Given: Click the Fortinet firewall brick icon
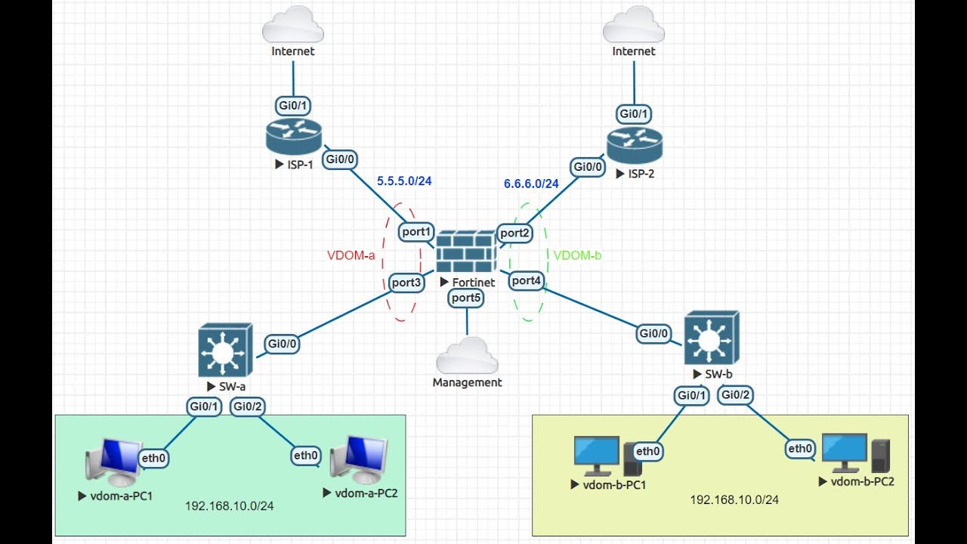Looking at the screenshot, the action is pyautogui.click(x=466, y=252).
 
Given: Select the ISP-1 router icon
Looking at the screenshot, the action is pyautogui.click(x=294, y=137).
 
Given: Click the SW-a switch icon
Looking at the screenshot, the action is pyautogui.click(x=225, y=350).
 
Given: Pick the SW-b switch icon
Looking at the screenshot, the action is pyautogui.click(x=712, y=338).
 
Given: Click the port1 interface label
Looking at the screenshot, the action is pyautogui.click(x=416, y=232).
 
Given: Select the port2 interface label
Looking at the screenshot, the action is pyautogui.click(x=514, y=233).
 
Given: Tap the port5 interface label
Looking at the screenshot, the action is pyautogui.click(x=466, y=298).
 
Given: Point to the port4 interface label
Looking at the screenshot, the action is pyautogui.click(x=527, y=281).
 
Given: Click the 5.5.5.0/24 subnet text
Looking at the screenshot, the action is pyautogui.click(x=404, y=181).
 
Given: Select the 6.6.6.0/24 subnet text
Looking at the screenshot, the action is pyautogui.click(x=531, y=184).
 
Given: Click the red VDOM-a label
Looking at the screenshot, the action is pyautogui.click(x=351, y=255).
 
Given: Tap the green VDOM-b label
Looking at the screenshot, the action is pyautogui.click(x=578, y=255).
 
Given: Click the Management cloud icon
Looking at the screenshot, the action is pyautogui.click(x=467, y=355).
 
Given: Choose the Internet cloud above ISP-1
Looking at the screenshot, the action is pyautogui.click(x=293, y=24).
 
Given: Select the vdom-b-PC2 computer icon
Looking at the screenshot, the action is pyautogui.click(x=856, y=453).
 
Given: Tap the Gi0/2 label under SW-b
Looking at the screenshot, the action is pyautogui.click(x=736, y=395).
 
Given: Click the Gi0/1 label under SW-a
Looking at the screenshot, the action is pyautogui.click(x=204, y=406).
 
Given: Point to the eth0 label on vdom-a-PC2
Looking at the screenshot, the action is pyautogui.click(x=306, y=456).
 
